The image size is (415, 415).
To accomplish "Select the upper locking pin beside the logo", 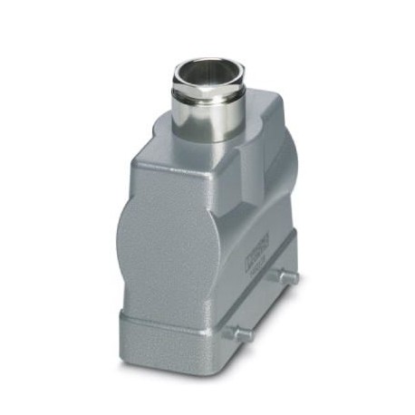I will tap(287, 275).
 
